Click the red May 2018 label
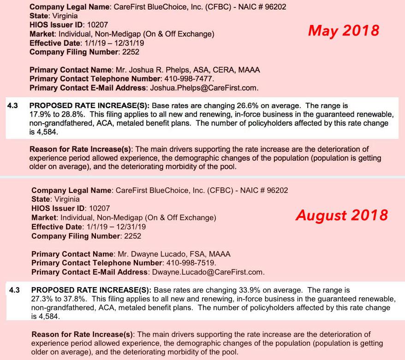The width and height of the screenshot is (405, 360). [x=343, y=31]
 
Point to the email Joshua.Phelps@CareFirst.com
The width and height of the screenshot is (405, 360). [x=202, y=88]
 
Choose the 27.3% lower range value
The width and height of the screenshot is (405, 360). [x=41, y=299]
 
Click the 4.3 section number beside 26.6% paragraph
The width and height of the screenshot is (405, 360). [x=13, y=105]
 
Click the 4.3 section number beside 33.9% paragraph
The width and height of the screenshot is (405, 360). [x=15, y=290]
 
